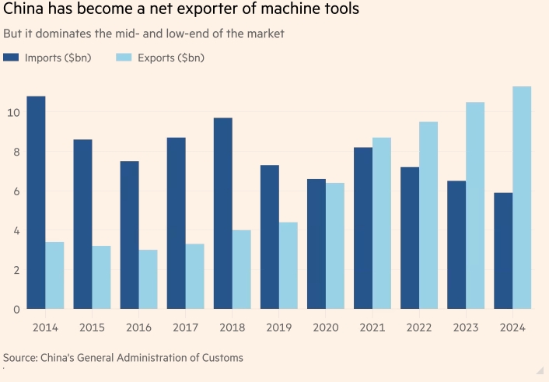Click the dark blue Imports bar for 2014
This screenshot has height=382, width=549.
tap(36, 202)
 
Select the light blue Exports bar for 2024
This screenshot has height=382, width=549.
tap(522, 198)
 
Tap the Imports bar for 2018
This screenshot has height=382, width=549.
tap(222, 213)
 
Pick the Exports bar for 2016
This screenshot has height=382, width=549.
tap(148, 279)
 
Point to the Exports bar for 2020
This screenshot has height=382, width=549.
tap(334, 246)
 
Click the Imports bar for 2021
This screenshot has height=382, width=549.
tap(362, 228)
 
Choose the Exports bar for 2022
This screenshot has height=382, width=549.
tap(428, 216)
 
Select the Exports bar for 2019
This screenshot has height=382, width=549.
tap(288, 265)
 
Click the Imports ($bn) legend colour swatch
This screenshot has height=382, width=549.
tap(11, 58)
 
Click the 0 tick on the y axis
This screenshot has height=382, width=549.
tap(16, 309)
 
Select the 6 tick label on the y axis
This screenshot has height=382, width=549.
tap(16, 191)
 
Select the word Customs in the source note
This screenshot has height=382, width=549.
tap(222, 358)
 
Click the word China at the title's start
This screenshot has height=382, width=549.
tap(23, 12)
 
